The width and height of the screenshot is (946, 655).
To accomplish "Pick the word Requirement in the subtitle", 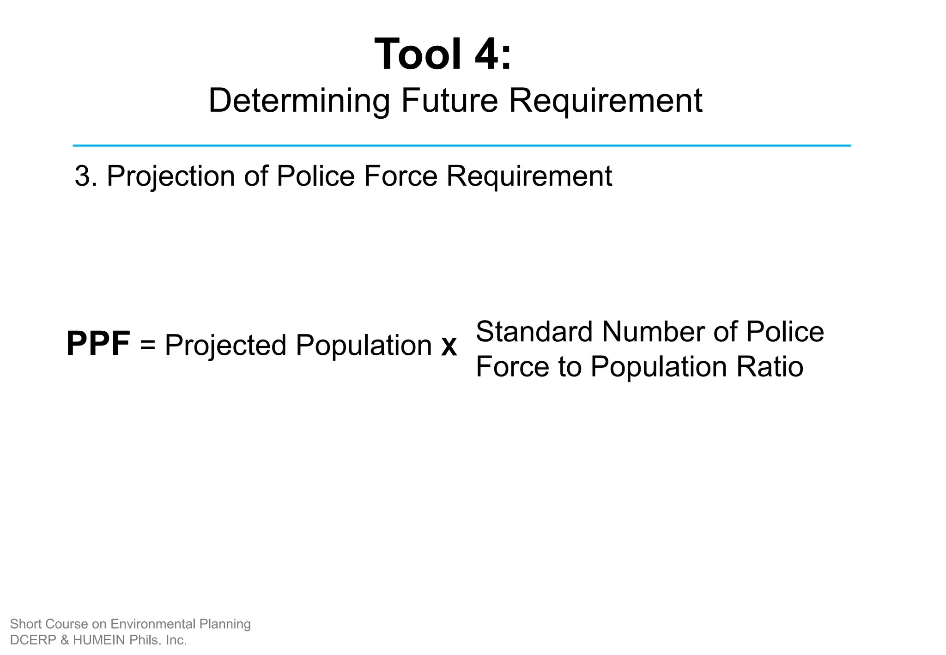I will [605, 101].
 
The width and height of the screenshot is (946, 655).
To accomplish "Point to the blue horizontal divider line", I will [462, 146].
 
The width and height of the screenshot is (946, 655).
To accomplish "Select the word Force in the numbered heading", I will [400, 176].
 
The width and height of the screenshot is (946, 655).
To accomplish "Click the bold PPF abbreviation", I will [98, 344].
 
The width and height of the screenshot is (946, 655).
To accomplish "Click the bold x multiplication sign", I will [449, 346].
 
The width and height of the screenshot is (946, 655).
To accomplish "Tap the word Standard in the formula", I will [534, 332].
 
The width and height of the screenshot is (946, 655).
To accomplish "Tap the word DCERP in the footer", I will [29, 640].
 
